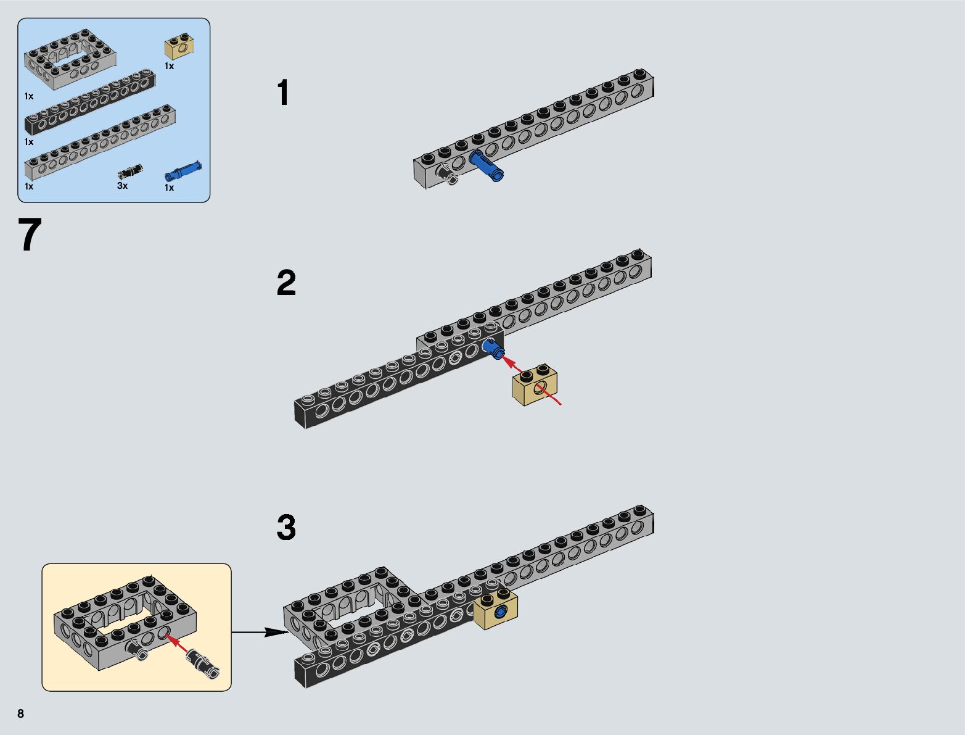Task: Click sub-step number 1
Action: (284, 93)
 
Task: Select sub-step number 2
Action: (286, 283)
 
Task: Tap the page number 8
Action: (21, 713)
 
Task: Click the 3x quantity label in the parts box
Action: (122, 186)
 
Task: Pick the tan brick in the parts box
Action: (179, 46)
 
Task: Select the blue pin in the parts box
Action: (183, 171)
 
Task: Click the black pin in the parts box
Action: (131, 172)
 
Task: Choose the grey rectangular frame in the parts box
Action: (70, 59)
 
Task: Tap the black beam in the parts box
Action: (90, 102)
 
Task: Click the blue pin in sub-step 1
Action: (487, 165)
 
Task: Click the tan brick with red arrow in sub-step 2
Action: (535, 384)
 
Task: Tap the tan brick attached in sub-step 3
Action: (496, 610)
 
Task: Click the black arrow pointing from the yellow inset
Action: (260, 633)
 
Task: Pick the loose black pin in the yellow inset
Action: (203, 663)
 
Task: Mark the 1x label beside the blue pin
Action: (169, 188)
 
